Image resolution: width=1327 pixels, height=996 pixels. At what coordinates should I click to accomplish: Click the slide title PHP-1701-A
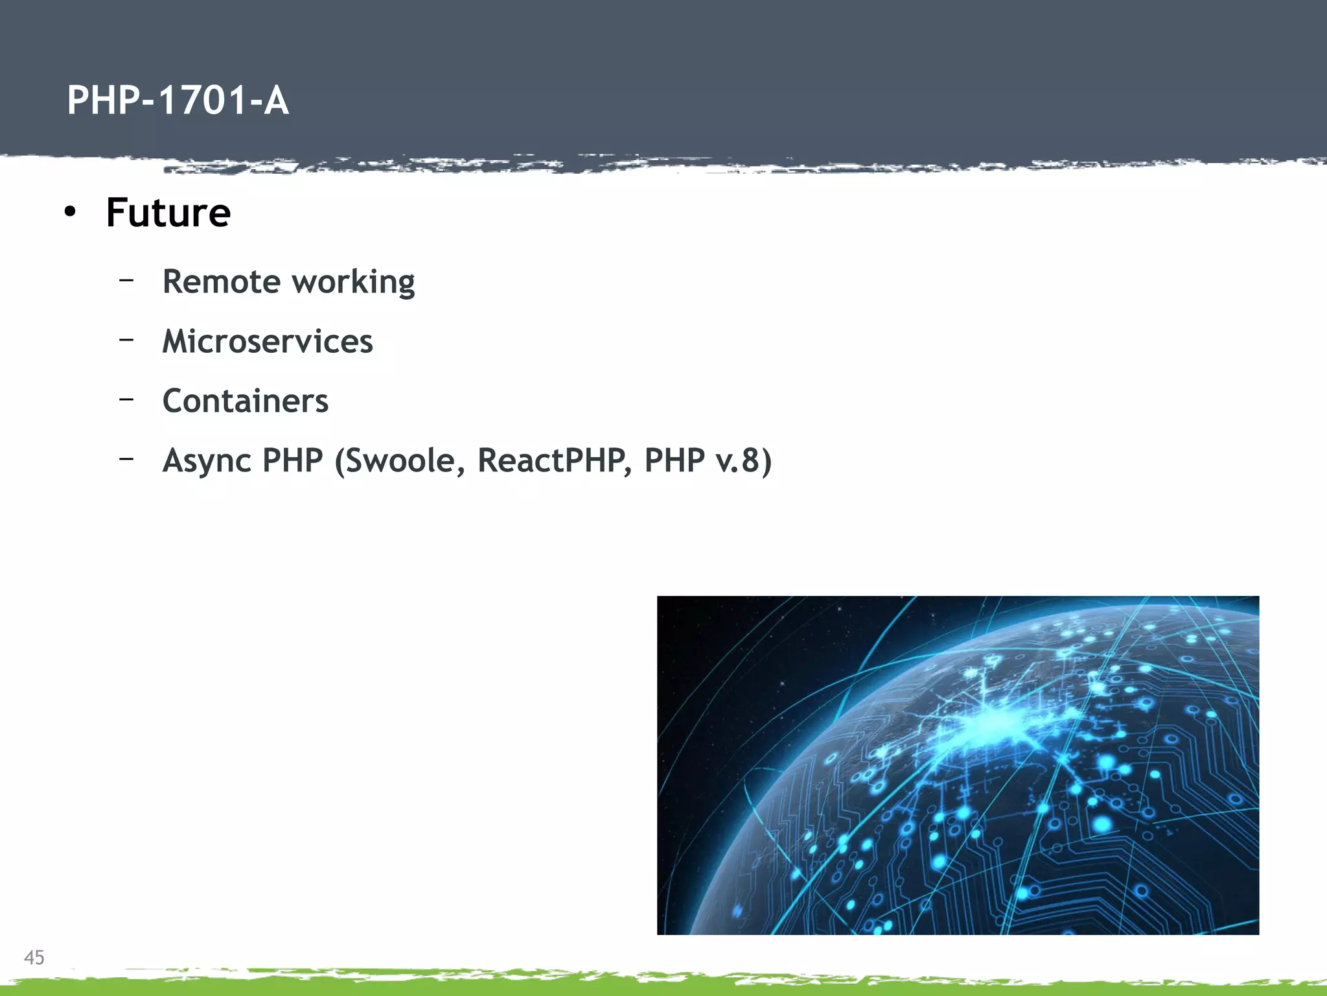pos(178,101)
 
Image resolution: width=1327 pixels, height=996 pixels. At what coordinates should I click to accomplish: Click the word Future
pos(168,213)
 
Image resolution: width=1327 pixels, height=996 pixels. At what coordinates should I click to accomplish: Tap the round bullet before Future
pos(70,211)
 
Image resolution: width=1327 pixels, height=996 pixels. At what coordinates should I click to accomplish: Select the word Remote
pos(222,281)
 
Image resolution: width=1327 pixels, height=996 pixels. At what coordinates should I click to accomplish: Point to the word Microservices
pos(268,341)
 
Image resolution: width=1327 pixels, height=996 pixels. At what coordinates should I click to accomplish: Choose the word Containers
pos(246,401)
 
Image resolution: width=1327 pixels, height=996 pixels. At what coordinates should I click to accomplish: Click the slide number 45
pos(34,957)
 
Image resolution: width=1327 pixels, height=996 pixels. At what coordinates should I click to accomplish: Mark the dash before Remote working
pos(126,280)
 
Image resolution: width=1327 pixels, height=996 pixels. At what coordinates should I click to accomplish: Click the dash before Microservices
pos(126,338)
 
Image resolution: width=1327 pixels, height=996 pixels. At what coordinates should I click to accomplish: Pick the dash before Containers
pos(126,399)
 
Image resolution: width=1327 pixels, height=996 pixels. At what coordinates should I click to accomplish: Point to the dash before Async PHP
pos(126,458)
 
